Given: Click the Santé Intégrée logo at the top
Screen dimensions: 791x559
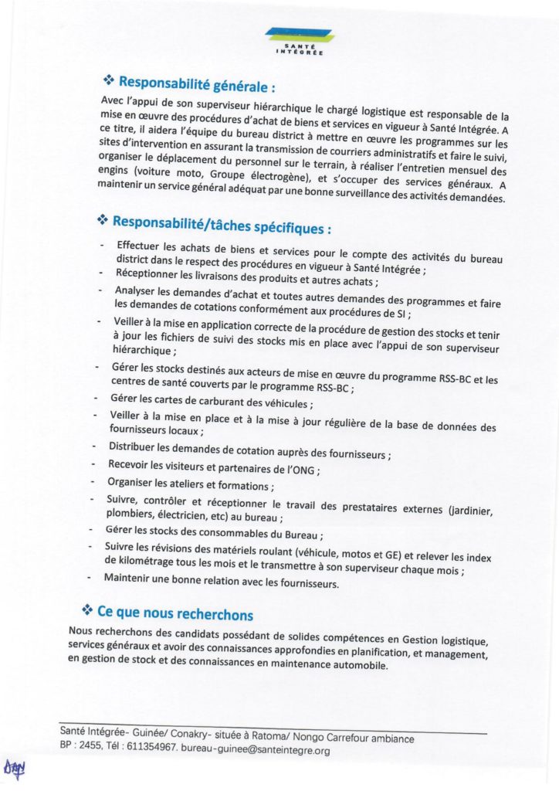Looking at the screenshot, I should (x=298, y=39).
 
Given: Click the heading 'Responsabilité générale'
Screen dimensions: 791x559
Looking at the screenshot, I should (x=197, y=82).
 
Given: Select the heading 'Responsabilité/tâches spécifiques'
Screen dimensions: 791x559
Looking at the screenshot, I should (x=222, y=225).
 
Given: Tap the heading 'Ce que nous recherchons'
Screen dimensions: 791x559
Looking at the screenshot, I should (x=174, y=614).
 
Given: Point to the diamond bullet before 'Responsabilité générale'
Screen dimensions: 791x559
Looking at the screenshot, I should (x=109, y=80).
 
